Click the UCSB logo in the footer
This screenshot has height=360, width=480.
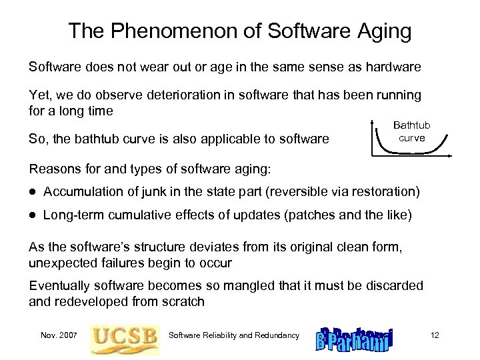pyautogui.click(x=125, y=335)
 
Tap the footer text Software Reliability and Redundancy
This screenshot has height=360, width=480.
pyautogui.click(x=234, y=335)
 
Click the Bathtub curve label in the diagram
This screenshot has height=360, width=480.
pyautogui.click(x=412, y=131)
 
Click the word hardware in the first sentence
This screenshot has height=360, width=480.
pyautogui.click(x=394, y=67)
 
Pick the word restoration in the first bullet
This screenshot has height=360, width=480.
pyautogui.click(x=383, y=192)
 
